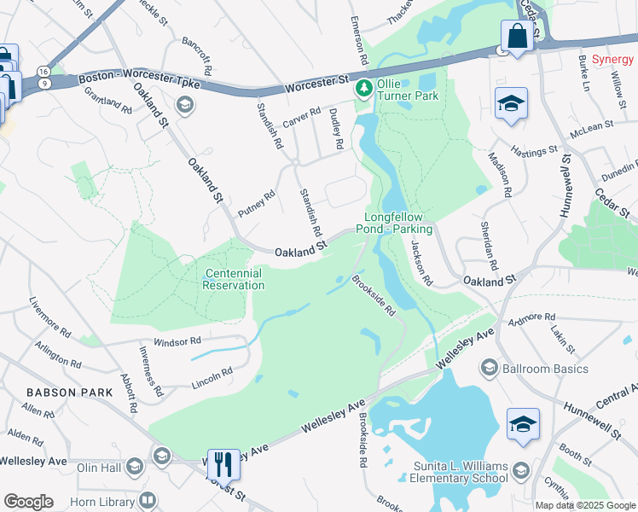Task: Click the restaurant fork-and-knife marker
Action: click(x=223, y=463)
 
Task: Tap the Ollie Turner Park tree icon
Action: click(x=365, y=88)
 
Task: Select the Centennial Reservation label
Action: click(x=233, y=279)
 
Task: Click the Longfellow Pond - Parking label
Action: click(x=400, y=224)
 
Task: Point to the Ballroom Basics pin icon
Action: click(x=490, y=369)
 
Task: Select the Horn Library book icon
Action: click(x=148, y=499)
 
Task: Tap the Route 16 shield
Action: click(x=43, y=72)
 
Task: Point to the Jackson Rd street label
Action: click(x=421, y=262)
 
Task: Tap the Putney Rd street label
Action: click(x=257, y=204)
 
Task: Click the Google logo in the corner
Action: click(x=28, y=502)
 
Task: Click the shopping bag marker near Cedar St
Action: click(x=518, y=36)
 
